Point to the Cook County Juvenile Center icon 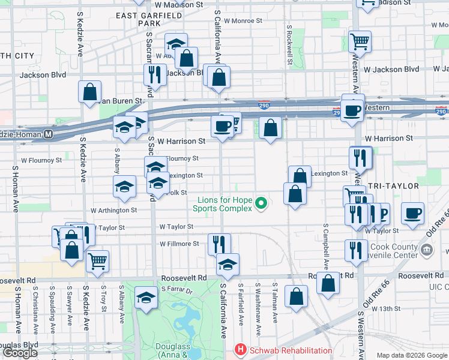coord(427,249)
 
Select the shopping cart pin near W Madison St coord(360,42)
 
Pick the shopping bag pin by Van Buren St coord(89,92)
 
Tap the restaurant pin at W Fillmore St coord(219,244)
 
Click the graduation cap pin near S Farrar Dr coord(146,298)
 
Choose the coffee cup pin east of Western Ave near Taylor coord(412,214)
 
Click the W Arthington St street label coord(114,211)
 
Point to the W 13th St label coord(385,308)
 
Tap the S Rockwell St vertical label coord(289,44)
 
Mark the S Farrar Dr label coord(176,291)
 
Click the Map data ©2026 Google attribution coord(412,355)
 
